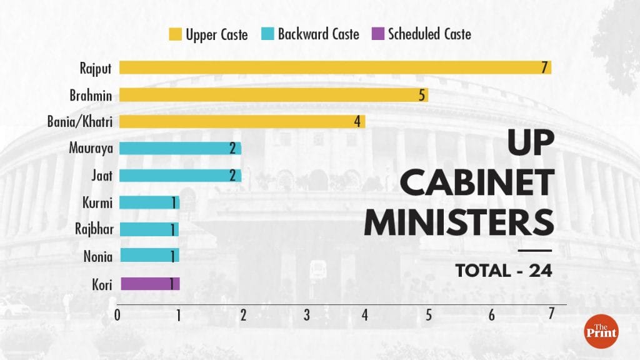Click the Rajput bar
tap(334, 67)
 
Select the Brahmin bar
tap(273, 95)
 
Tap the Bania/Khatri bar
tap(242, 121)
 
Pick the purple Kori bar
tap(149, 284)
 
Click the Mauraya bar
tap(180, 149)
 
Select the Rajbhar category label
tap(93, 229)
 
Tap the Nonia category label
tap(97, 256)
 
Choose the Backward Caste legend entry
tap(311, 34)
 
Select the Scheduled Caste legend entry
tap(421, 34)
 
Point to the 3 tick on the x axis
tap(306, 315)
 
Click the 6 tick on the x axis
tap(492, 315)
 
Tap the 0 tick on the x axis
tap(117, 315)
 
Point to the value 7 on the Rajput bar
tap(545, 67)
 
